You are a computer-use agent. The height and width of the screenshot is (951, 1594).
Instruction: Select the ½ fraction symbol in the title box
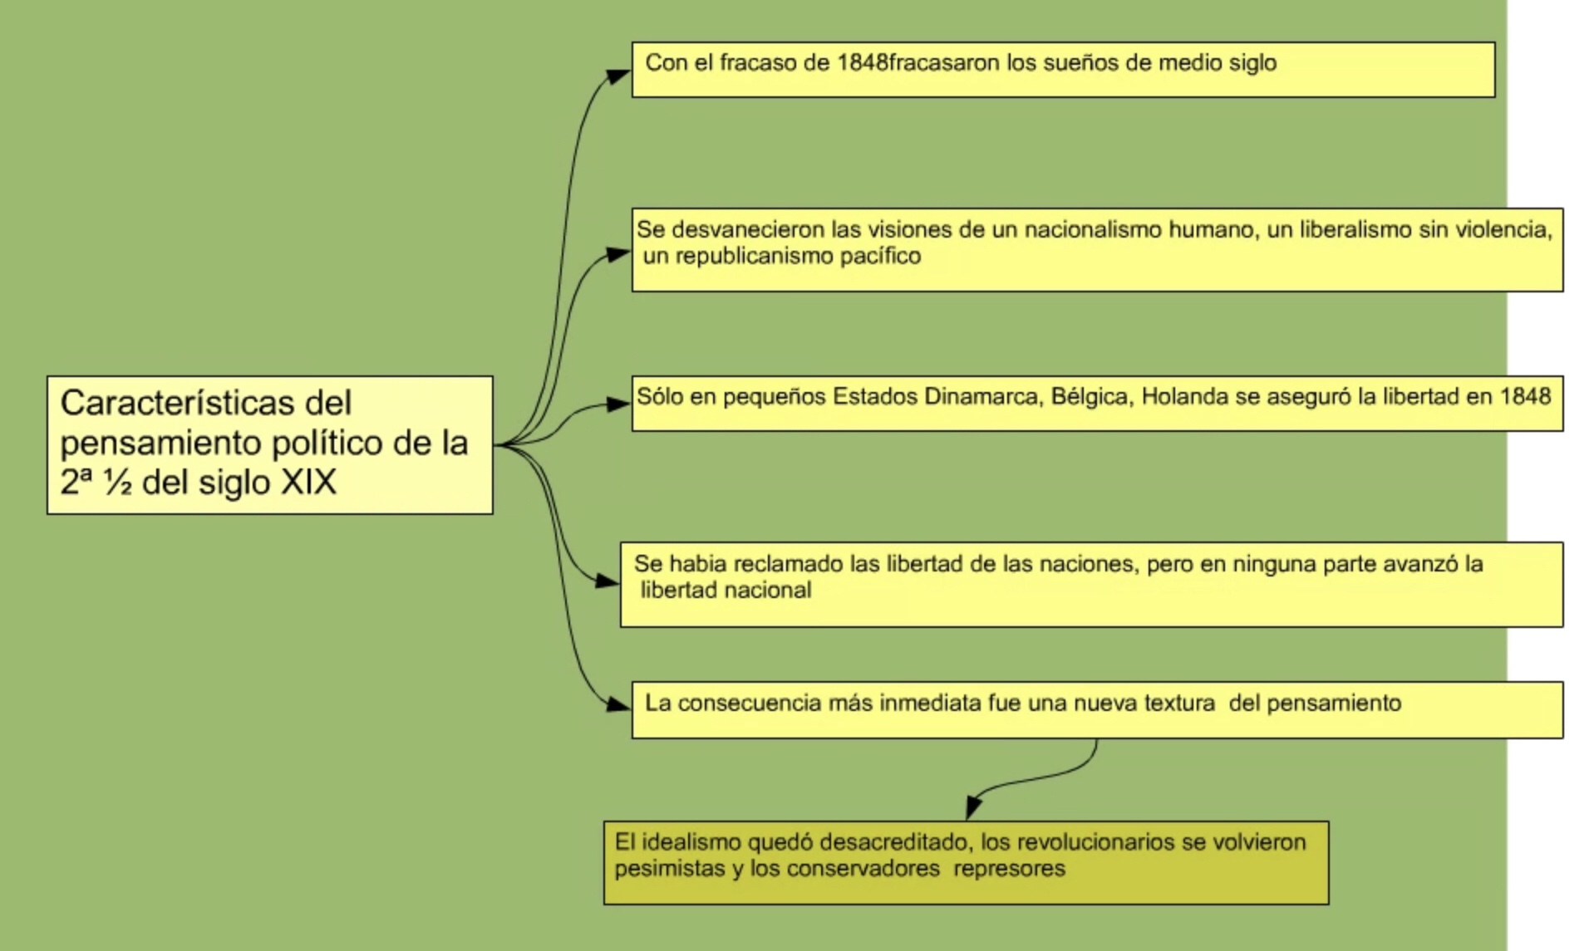[x=117, y=483]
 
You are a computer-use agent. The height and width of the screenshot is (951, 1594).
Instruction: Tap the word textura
[x=1179, y=703]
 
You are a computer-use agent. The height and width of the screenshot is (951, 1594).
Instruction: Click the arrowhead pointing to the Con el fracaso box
[x=617, y=76]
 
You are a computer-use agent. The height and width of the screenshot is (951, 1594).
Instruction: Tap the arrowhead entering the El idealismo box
[x=973, y=806]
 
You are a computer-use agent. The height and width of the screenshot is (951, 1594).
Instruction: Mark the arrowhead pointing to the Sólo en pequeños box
[x=617, y=404]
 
